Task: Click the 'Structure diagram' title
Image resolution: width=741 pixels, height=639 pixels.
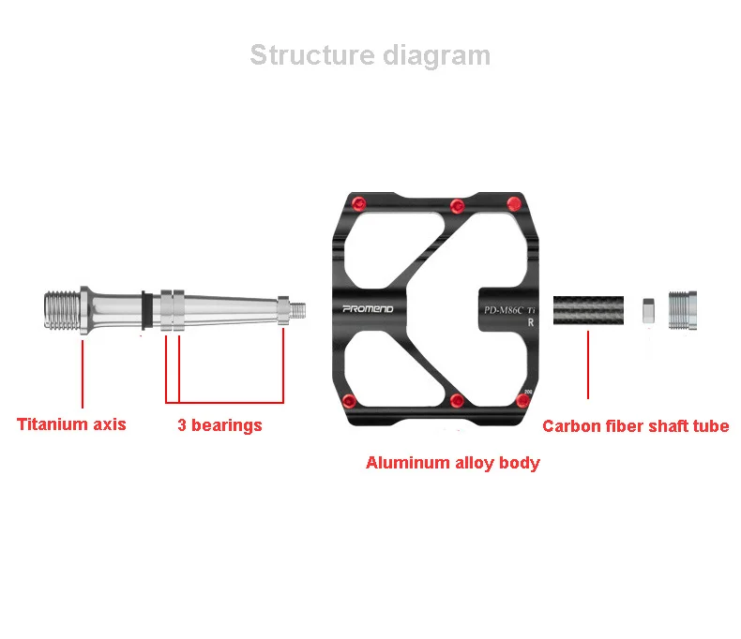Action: (x=370, y=55)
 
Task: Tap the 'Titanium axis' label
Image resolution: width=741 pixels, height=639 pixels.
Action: (x=71, y=424)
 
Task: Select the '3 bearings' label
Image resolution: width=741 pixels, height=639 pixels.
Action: (x=219, y=425)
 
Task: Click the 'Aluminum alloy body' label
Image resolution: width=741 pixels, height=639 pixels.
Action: (x=452, y=463)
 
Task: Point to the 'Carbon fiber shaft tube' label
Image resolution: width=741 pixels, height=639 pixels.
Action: (x=635, y=426)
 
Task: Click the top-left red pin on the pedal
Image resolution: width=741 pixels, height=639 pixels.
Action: (x=357, y=205)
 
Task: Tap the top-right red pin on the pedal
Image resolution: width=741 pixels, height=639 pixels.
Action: (x=513, y=204)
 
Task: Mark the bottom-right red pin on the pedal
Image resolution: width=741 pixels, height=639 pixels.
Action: (x=522, y=401)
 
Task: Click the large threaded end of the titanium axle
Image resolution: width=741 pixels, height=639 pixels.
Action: (x=62, y=310)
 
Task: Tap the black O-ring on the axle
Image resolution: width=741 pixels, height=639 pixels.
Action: (x=145, y=310)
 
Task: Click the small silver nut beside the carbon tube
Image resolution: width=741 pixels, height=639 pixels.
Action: (x=647, y=310)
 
